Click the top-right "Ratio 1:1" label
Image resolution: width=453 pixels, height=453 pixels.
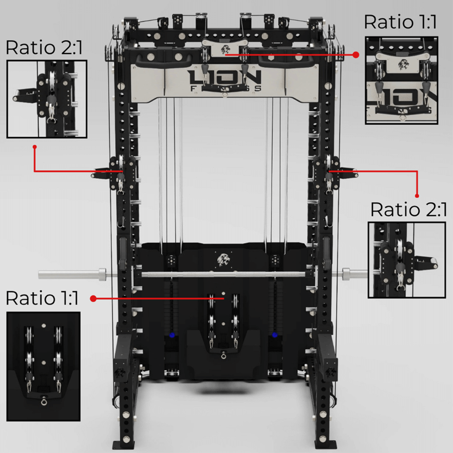400,22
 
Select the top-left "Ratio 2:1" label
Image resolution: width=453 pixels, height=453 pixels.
44,48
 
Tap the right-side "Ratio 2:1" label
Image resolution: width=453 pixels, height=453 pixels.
409,210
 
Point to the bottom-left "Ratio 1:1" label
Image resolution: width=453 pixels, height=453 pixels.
42,298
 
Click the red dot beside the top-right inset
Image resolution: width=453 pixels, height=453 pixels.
356,55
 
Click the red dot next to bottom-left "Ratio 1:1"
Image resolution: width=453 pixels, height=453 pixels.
93,298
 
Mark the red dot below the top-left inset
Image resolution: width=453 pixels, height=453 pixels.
34,147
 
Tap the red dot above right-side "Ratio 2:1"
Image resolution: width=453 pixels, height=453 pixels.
417,196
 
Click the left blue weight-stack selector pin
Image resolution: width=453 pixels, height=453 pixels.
172,335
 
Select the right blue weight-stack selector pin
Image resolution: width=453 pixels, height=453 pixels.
275,335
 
